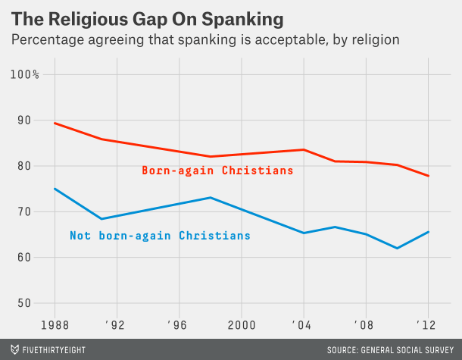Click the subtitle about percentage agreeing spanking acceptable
pos(204,38)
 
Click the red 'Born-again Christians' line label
pos(217,171)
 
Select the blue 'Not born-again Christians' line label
pos(160,236)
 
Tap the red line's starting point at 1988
pos(55,123)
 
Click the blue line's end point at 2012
pos(429,232)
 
